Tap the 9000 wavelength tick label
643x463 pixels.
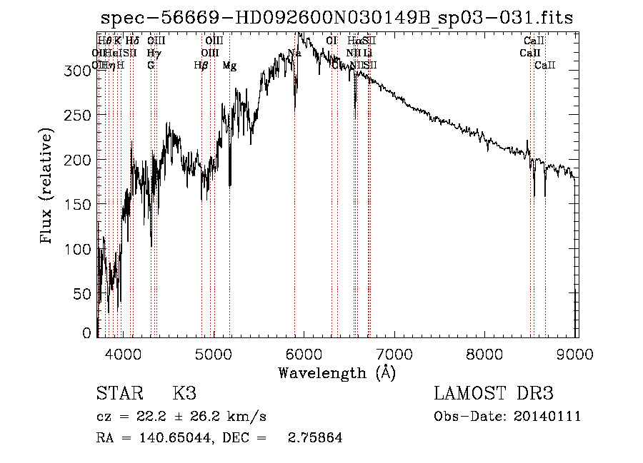576,353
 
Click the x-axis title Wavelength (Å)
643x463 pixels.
337,372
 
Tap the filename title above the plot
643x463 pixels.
337,18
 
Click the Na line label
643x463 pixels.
294,53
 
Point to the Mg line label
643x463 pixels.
229,66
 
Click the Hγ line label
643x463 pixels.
154,53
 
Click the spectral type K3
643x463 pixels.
184,394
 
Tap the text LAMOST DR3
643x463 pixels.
494,394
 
